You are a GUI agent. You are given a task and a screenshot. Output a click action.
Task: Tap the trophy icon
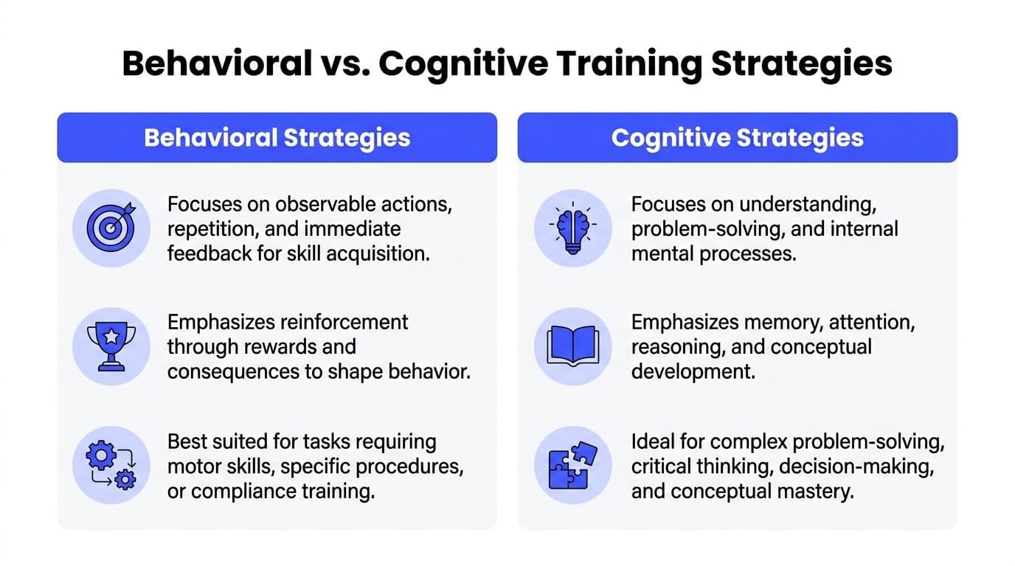[x=111, y=346]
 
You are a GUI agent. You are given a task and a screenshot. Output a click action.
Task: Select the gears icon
[x=111, y=466]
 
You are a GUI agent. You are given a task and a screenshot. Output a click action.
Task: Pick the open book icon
[x=572, y=346]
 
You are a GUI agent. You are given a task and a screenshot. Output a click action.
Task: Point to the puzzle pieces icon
[x=572, y=466]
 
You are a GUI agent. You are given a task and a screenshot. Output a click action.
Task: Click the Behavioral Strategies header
[x=277, y=138]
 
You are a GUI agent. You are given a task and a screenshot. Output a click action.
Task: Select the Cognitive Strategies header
[x=737, y=138]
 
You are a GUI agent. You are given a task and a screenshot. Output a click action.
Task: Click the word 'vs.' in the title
[x=344, y=65]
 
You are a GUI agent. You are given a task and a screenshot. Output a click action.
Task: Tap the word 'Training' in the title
[x=612, y=65]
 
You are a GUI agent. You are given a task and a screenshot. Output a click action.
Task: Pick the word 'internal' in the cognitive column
[x=859, y=229]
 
